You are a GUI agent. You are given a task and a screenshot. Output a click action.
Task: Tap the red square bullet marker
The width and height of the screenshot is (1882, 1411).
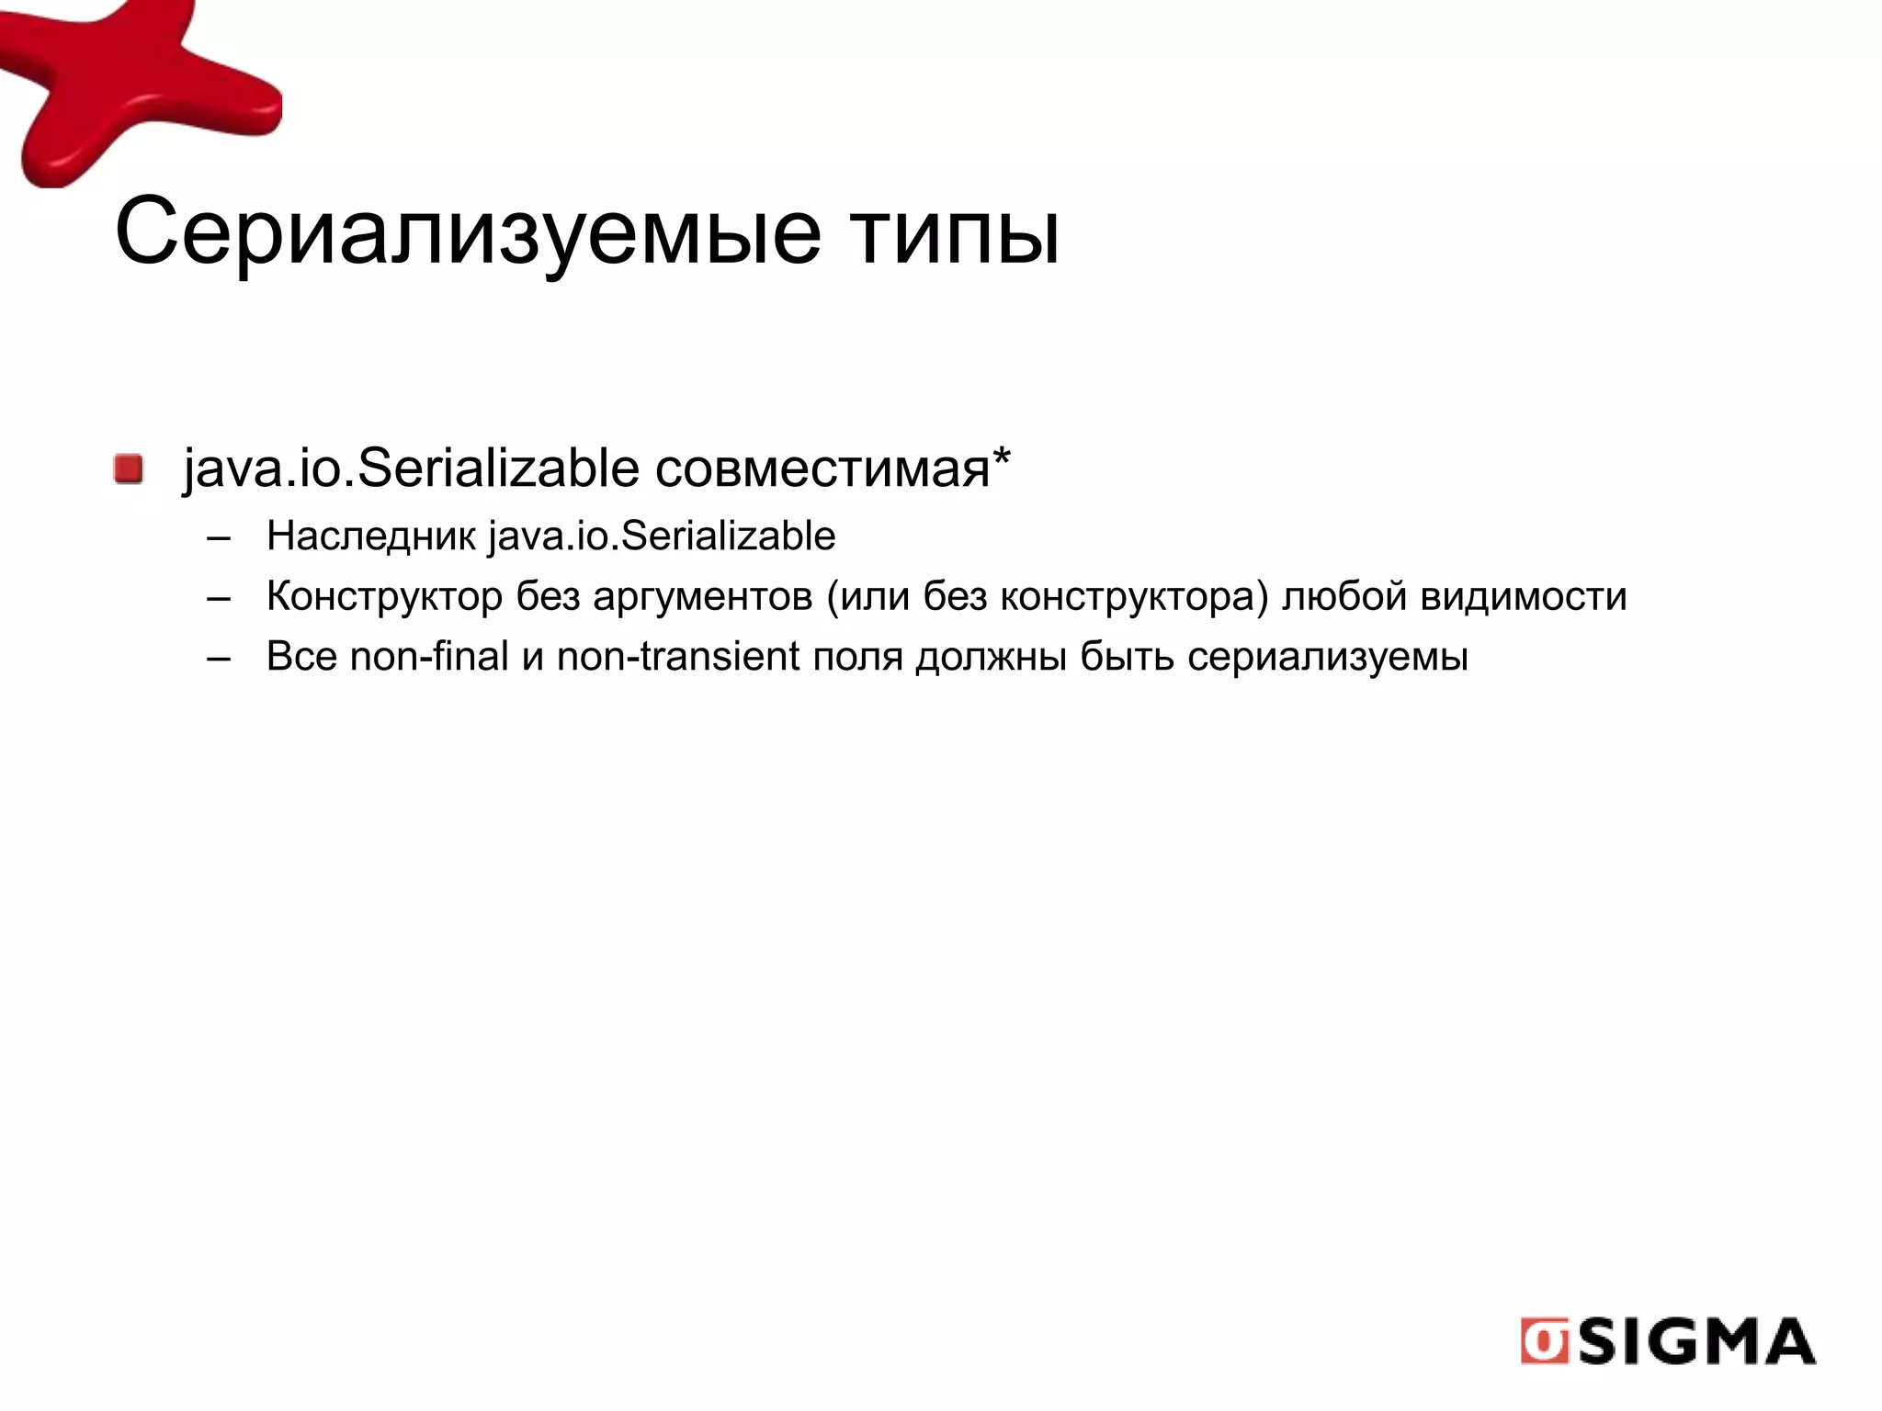click(129, 468)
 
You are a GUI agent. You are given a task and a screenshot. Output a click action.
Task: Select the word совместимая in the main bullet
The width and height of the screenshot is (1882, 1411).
click(822, 468)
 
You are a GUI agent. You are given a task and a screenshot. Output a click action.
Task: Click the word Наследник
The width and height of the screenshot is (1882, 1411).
click(370, 536)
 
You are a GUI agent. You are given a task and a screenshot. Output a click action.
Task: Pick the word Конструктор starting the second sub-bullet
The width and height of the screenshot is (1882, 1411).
click(384, 596)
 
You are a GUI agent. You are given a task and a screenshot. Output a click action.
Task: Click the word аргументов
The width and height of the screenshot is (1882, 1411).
click(702, 596)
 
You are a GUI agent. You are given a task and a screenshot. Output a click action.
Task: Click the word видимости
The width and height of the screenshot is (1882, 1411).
click(1524, 596)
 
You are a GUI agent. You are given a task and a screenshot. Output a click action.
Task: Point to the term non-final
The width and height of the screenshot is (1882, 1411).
click(429, 657)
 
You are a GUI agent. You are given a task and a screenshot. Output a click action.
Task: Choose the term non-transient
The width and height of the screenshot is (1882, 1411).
click(678, 657)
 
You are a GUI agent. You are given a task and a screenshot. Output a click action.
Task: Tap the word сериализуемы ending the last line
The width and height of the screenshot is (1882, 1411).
click(1327, 657)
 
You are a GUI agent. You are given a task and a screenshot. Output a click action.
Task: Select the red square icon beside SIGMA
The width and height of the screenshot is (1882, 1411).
click(1545, 1342)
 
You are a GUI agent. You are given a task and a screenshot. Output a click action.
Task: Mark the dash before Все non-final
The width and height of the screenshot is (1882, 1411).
click(219, 658)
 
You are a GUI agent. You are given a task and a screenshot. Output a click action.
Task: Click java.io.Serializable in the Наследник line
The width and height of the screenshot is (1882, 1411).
click(662, 536)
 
